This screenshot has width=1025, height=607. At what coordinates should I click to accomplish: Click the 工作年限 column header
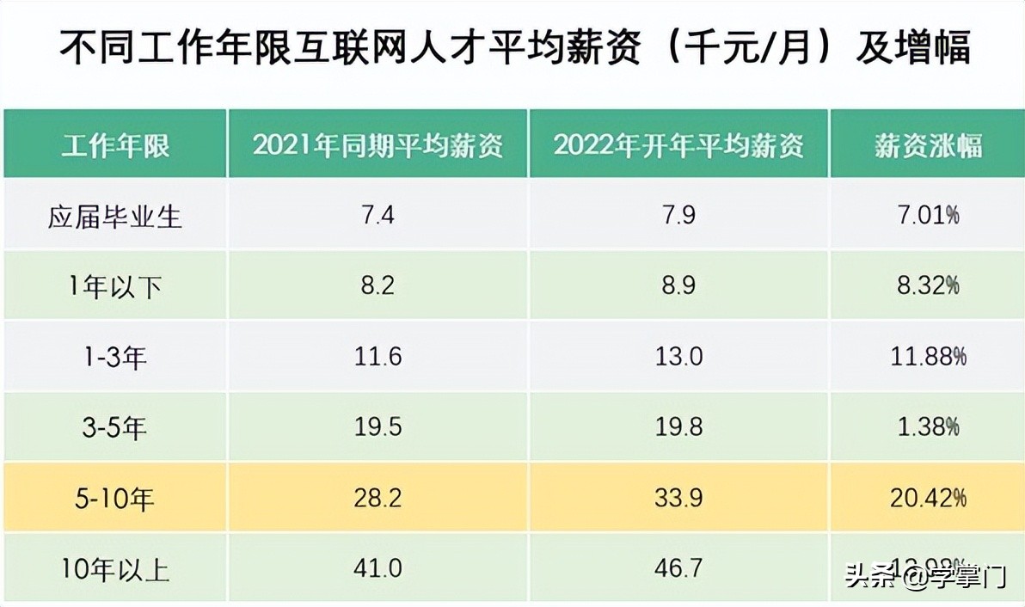click(115, 145)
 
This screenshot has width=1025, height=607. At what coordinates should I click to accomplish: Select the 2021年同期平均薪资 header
click(377, 145)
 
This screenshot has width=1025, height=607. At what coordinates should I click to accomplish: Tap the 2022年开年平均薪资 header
click(678, 145)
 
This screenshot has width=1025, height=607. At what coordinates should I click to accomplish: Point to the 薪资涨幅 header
click(928, 145)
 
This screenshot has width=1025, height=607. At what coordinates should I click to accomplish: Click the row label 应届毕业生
click(115, 216)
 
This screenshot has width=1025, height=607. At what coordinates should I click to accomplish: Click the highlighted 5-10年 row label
click(115, 498)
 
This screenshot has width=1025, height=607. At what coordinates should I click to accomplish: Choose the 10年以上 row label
click(115, 568)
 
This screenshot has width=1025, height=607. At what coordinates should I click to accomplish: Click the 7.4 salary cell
click(377, 216)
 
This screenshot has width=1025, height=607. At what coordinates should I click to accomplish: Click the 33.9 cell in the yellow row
click(678, 498)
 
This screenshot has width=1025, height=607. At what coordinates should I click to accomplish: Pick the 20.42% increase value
click(928, 498)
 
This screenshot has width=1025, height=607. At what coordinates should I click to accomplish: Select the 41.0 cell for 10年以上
click(377, 568)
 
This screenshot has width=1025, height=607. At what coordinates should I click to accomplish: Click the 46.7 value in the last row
click(678, 568)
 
